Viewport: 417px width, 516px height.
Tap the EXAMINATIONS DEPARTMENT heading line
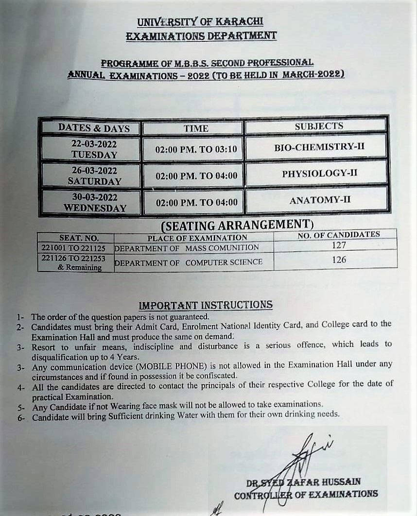point(201,35)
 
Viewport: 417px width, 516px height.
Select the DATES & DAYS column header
point(94,128)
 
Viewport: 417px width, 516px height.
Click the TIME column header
point(196,129)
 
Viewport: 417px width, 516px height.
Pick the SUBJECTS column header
point(318,126)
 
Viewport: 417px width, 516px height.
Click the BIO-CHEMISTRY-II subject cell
point(319,147)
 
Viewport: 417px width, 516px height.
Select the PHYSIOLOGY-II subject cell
point(319,173)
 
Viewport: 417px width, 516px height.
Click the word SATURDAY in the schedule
point(94,181)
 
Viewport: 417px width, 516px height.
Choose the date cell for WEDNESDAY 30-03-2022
point(94,203)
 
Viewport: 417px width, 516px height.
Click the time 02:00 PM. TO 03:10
point(196,149)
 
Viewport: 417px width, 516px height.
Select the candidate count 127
point(339,245)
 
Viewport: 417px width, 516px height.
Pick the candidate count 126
point(339,260)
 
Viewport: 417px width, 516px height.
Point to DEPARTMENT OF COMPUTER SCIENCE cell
point(189,262)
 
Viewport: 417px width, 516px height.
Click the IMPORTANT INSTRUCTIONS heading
point(206,305)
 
